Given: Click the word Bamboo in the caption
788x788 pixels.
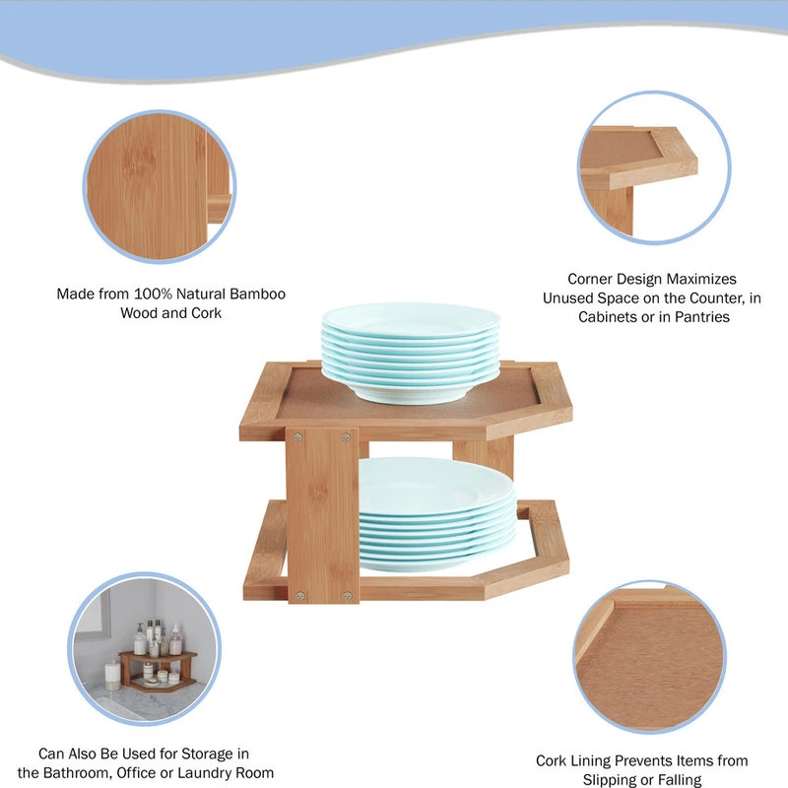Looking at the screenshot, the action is pyautogui.click(x=257, y=294).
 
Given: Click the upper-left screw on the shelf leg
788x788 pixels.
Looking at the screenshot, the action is pyautogui.click(x=298, y=437).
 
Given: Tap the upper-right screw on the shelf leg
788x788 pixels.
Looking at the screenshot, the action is pyautogui.click(x=346, y=437).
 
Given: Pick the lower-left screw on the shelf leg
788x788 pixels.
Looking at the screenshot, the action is pyautogui.click(x=300, y=596).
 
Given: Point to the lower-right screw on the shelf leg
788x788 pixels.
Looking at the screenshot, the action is pyautogui.click(x=348, y=596).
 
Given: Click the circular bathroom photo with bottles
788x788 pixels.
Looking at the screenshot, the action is pyautogui.click(x=145, y=649).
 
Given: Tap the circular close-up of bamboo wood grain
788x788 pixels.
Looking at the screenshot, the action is pyautogui.click(x=160, y=186).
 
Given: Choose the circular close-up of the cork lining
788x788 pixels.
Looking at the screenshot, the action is pyautogui.click(x=650, y=657).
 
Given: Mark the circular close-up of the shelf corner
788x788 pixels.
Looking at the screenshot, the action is pyautogui.click(x=654, y=167).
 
